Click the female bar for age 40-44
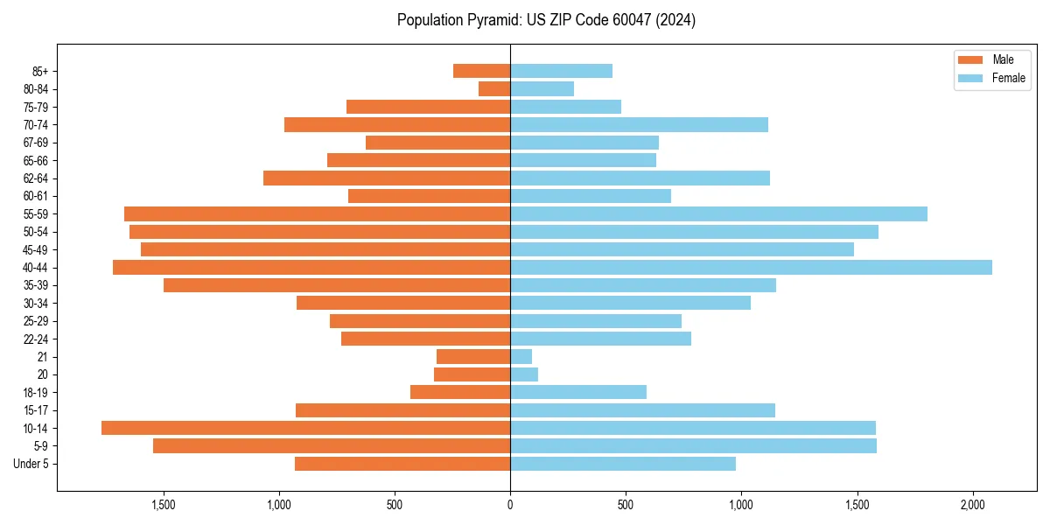pos(751,267)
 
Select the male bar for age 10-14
pos(306,428)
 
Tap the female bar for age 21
pos(521,356)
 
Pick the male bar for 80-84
pos(494,88)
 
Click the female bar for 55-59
pos(718,213)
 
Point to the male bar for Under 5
pos(402,464)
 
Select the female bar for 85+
pos(561,71)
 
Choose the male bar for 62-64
pos(387,178)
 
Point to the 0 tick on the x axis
pos(510,505)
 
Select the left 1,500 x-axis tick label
pos(164,505)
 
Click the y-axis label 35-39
pos(36,285)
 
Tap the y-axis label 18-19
pos(36,392)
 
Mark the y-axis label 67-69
pos(36,143)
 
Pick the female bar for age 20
pos(524,374)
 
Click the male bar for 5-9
pos(332,445)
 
